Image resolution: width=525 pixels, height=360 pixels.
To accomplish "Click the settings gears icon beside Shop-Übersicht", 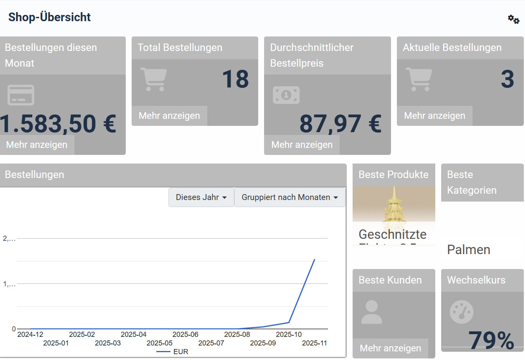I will [x=513, y=19].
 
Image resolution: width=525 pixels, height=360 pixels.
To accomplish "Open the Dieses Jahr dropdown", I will [x=201, y=197].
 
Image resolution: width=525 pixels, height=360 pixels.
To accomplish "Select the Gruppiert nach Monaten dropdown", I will [x=290, y=197].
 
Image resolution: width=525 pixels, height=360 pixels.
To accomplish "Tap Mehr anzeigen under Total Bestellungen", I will [x=169, y=116].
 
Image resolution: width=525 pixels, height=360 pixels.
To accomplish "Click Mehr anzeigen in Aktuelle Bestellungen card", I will [x=434, y=116].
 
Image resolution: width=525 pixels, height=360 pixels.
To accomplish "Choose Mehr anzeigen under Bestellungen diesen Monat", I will [x=37, y=145].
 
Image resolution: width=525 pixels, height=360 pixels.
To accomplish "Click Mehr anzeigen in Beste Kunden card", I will [x=390, y=348].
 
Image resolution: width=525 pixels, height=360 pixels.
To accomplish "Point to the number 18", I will [x=235, y=79].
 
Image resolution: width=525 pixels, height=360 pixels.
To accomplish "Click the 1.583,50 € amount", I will [x=58, y=124].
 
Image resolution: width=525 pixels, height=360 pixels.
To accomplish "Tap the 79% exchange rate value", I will [x=491, y=340].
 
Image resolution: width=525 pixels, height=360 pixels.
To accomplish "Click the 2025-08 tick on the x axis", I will [x=237, y=335].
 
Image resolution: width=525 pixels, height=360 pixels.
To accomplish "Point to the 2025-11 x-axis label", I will [x=314, y=343].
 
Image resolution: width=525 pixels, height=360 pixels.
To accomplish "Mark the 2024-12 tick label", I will [x=30, y=335].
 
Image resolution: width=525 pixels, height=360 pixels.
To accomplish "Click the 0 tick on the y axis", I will [x=14, y=329].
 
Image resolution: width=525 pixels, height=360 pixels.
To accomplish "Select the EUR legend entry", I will [x=180, y=352].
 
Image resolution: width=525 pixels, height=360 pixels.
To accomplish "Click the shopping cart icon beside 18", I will [x=154, y=79].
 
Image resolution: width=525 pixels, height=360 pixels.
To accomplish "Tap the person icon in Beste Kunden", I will [x=371, y=312].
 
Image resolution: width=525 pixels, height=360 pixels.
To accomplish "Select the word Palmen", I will [x=469, y=250].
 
